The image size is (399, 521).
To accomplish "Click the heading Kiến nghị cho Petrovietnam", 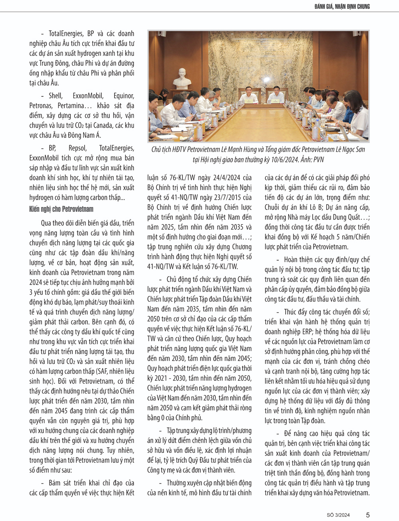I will pos(61,209).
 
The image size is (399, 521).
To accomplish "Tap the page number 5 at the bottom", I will pos(367,515).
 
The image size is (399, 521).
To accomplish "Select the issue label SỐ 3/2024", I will pos(338,515).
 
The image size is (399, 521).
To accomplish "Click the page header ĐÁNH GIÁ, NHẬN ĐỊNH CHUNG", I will pos(342,6).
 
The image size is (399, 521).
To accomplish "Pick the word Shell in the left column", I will pos(55,96).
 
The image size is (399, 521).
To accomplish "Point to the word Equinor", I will pos(124,96).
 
